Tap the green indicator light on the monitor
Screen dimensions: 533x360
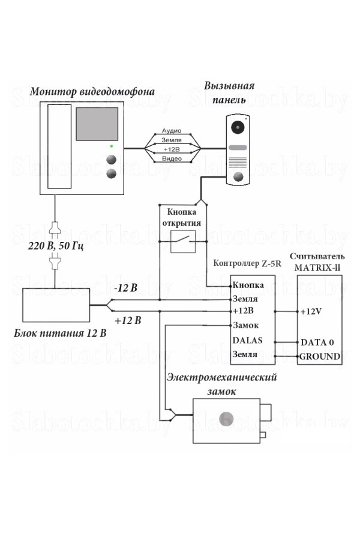[x=110, y=146]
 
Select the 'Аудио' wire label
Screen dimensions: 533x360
[x=172, y=130]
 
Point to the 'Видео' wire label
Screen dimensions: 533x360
[x=172, y=158]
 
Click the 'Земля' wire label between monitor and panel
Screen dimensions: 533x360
[x=172, y=139]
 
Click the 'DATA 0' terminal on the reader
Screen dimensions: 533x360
[x=317, y=342]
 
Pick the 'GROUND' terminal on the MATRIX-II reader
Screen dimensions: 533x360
[x=320, y=356]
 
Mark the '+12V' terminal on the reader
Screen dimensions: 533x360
[x=311, y=312]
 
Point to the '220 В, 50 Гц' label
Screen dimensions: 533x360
[x=55, y=247]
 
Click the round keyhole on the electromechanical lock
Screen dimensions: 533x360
[x=226, y=419]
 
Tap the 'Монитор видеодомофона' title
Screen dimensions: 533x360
[x=92, y=92]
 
